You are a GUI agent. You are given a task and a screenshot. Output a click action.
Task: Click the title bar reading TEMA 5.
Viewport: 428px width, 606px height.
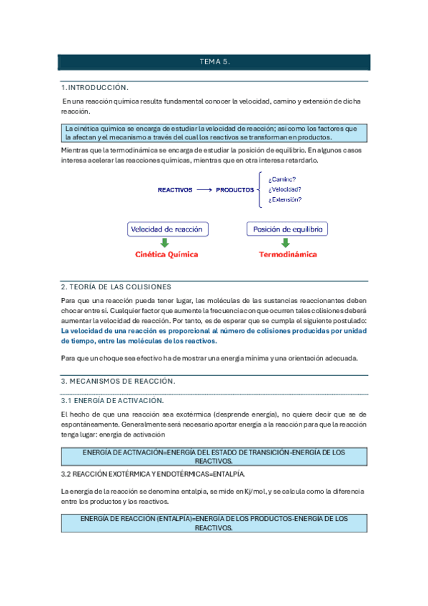click(214, 63)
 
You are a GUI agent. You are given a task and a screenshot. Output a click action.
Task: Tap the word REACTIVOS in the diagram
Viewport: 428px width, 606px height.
click(175, 190)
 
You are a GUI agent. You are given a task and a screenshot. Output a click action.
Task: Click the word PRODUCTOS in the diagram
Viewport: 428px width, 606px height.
click(235, 190)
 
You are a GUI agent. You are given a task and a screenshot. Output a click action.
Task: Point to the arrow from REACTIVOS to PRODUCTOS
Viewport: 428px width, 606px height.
click(204, 190)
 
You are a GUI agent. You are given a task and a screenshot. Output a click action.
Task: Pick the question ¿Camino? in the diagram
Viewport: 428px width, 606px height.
click(282, 179)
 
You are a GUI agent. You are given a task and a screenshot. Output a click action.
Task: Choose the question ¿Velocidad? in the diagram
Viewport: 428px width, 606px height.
click(284, 189)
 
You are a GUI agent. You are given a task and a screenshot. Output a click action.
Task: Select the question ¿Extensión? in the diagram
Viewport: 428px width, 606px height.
click(284, 200)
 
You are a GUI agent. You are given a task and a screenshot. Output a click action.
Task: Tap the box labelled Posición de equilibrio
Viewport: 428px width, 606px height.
click(287, 229)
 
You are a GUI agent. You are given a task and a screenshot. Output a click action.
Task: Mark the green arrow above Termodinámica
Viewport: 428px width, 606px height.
click(286, 243)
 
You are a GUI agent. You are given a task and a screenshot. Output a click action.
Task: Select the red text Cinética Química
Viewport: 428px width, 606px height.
click(166, 254)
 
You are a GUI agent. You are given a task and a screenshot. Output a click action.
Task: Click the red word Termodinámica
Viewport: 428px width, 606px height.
click(287, 254)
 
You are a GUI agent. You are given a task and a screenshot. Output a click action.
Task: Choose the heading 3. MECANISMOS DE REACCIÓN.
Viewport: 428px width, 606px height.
click(118, 381)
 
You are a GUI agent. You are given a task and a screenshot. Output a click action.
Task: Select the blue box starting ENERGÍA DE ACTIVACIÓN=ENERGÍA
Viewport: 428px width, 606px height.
click(214, 457)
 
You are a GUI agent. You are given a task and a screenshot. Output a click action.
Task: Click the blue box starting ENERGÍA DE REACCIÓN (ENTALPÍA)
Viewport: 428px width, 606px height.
click(214, 523)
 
